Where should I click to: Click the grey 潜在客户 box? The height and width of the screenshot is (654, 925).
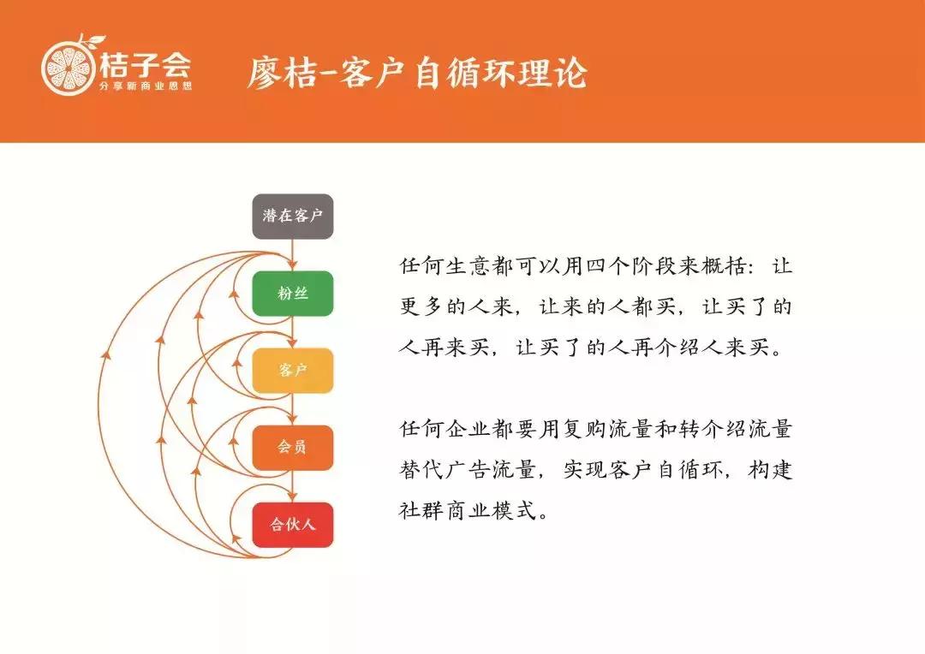[292, 216]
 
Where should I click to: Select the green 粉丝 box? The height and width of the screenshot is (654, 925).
[292, 294]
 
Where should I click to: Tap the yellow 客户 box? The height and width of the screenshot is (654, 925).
[292, 371]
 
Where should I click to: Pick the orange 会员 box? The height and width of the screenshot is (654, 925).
[292, 447]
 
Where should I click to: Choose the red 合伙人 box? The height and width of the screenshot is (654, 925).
[292, 524]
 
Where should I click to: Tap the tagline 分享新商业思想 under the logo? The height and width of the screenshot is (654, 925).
[145, 86]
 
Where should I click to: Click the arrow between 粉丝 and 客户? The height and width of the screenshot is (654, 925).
[293, 332]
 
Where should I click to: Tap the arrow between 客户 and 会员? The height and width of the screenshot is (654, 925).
[293, 409]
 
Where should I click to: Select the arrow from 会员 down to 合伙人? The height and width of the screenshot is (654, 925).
[293, 486]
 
